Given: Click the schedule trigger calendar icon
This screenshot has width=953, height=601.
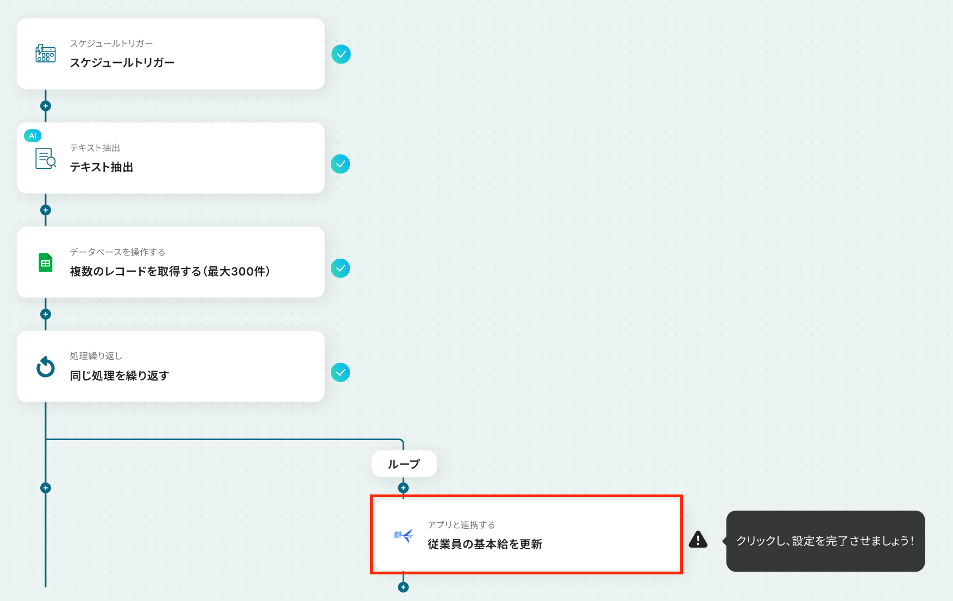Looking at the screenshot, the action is coord(46,54).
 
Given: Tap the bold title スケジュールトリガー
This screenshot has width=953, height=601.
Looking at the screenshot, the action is coord(122,63).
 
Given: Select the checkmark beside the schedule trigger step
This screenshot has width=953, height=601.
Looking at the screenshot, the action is coord(341,54).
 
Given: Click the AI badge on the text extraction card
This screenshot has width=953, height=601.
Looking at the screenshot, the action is coord(33,136).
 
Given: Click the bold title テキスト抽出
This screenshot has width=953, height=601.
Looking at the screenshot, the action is coord(102,167).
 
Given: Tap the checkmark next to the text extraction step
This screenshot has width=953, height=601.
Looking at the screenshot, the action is coord(341,164).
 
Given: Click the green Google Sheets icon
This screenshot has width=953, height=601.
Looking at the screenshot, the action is coord(46,263).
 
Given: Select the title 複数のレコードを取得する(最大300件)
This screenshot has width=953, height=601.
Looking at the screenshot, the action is coord(170,271).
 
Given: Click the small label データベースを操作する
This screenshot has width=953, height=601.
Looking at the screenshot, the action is coord(117,252).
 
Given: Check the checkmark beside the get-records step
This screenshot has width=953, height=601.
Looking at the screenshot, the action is coord(341,268).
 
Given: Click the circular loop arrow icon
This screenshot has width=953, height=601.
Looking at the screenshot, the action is coord(46,367).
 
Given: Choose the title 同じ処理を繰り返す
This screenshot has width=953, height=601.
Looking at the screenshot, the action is coord(120,375).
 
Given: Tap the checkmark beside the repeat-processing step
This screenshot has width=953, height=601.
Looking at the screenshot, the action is coord(341,373).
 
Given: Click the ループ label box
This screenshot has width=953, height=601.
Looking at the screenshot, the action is coord(404,464).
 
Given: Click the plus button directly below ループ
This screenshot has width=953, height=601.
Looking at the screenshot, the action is coord(403,488).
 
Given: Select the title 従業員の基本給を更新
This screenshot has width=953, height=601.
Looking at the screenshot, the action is coord(485,544).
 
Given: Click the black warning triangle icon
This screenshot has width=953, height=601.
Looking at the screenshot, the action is coord(698,540).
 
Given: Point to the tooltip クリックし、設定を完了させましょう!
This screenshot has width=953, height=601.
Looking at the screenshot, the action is coord(825,541).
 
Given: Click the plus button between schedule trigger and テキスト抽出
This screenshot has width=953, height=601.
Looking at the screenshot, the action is coord(46,106).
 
